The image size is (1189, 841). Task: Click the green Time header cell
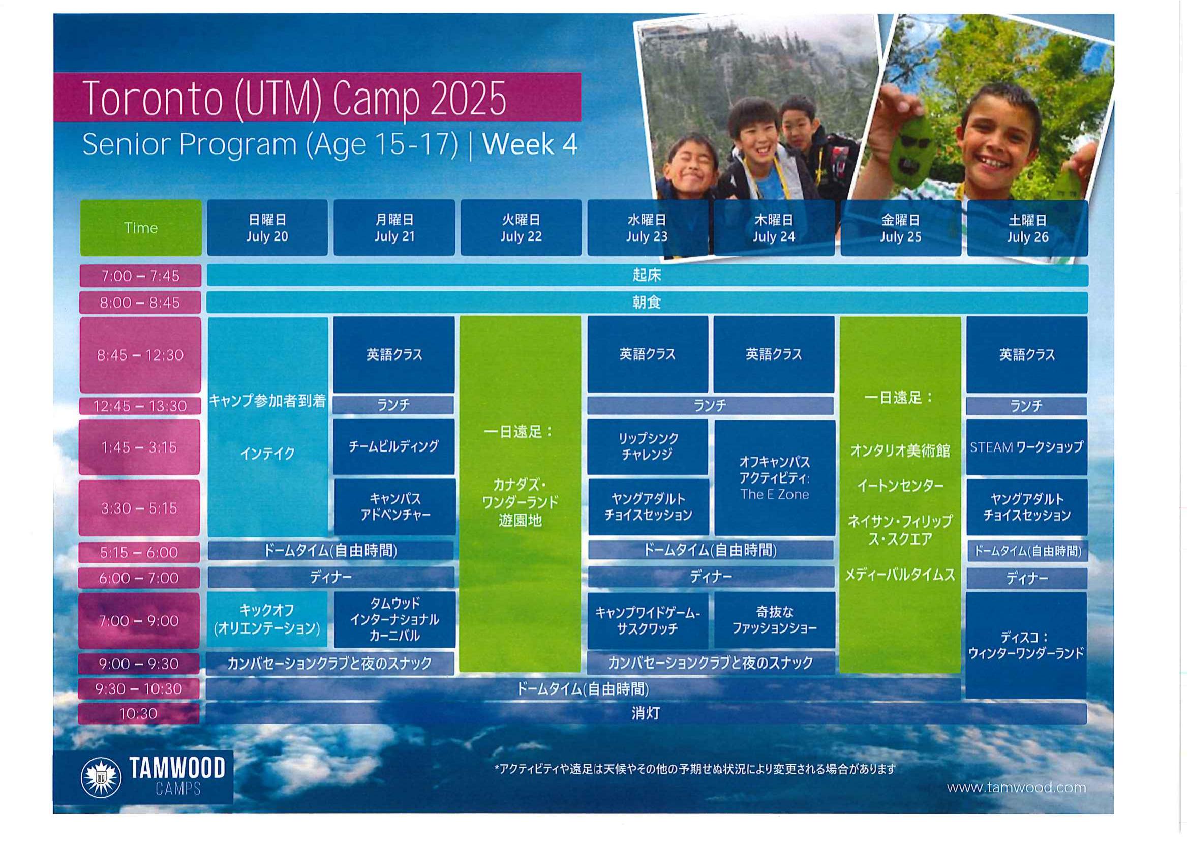[x=140, y=228]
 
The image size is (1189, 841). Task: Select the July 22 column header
[x=521, y=228]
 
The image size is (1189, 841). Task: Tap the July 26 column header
[x=1027, y=228]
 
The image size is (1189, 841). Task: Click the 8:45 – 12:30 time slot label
[x=140, y=355]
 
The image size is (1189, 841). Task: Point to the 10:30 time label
[x=138, y=714]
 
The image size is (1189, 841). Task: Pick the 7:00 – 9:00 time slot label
[x=139, y=620]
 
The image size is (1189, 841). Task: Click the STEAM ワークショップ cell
[x=1026, y=447]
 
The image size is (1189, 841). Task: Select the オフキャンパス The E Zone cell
[x=775, y=478]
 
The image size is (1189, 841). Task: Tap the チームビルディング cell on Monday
[x=394, y=446]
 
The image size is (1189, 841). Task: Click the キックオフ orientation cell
[x=267, y=619]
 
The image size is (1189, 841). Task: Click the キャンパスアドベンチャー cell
[x=395, y=507]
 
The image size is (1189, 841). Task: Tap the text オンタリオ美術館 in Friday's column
[x=900, y=451]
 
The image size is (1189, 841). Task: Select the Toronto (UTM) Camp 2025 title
[x=294, y=99]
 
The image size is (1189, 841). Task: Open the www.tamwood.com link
[x=1016, y=788]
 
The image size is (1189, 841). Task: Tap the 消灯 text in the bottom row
[x=646, y=713]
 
